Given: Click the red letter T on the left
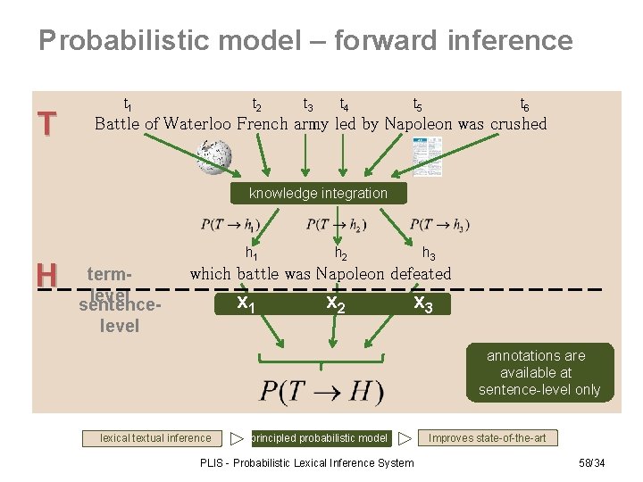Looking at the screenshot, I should point(46,124).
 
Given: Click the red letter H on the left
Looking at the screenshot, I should point(46,275).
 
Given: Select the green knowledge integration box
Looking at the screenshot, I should point(318,193).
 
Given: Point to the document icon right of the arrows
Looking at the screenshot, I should point(427,156).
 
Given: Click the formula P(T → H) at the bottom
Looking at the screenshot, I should point(321,391).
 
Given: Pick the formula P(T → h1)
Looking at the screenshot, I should point(230,224).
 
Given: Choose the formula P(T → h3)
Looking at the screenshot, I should point(439,224).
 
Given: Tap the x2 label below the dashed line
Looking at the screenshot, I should point(334,303).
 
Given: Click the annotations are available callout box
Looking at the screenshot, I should point(539,372).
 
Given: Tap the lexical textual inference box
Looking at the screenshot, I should point(155,438).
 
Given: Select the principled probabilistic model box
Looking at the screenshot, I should point(321,438).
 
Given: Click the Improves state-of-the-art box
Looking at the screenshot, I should point(487,438).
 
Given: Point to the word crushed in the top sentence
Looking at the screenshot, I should point(518,124).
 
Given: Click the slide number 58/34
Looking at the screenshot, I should point(591,462).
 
